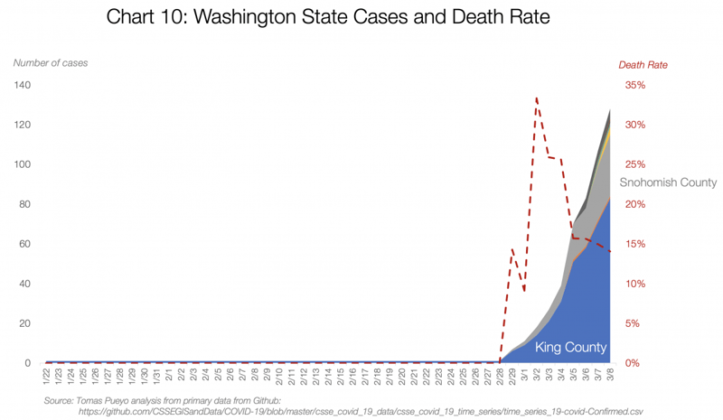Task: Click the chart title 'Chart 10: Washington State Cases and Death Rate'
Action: tap(327, 17)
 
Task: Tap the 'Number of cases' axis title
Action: tap(50, 63)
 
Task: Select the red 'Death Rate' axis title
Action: tap(643, 65)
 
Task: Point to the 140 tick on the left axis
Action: tap(22, 85)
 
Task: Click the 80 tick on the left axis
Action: tap(24, 204)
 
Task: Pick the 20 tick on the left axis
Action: tap(24, 323)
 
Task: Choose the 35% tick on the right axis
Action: tap(634, 85)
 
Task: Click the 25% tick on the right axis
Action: tap(634, 164)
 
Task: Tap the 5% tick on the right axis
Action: tap(633, 323)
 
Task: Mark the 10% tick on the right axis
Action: tap(634, 284)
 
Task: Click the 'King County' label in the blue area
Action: tap(570, 348)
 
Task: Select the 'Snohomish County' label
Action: tap(668, 182)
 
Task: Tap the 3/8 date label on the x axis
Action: tap(610, 374)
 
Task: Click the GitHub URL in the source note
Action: tap(361, 411)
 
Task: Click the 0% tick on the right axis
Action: tap(633, 363)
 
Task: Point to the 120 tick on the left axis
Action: tap(22, 125)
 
